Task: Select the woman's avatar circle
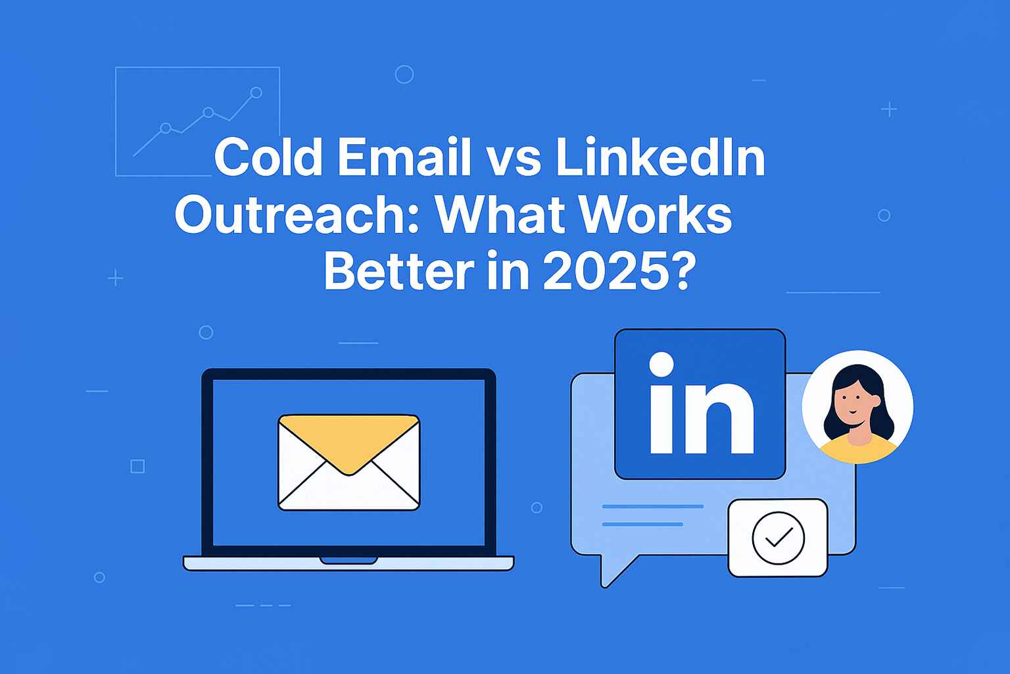pos(857,407)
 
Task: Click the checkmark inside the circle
pos(779,537)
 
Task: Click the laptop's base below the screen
pos(349,563)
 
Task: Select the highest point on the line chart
pos(256,93)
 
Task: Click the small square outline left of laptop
pos(137,467)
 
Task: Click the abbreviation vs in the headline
pos(514,162)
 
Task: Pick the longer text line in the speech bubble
pos(653,507)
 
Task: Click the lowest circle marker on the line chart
pos(166,128)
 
